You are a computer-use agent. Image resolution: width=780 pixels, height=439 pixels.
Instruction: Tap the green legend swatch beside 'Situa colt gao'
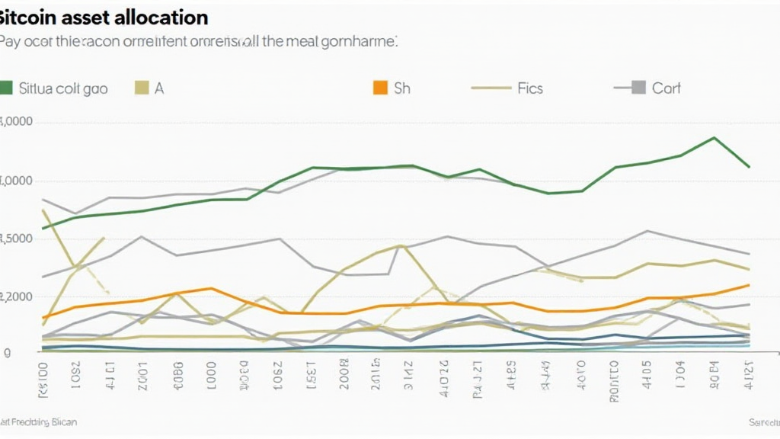click(7, 88)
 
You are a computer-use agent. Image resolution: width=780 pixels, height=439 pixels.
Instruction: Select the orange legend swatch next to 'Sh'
click(380, 88)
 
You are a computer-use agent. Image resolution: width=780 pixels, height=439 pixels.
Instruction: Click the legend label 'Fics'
click(529, 88)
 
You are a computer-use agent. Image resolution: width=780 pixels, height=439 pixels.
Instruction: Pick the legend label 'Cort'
click(667, 88)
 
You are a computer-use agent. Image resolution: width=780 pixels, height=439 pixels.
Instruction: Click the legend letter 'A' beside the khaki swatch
click(159, 88)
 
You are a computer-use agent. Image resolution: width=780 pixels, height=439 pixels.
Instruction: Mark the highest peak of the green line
click(714, 138)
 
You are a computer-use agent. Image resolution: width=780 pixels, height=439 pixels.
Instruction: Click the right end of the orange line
click(750, 285)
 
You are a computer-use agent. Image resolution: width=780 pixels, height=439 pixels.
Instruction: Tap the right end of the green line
click(750, 166)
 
